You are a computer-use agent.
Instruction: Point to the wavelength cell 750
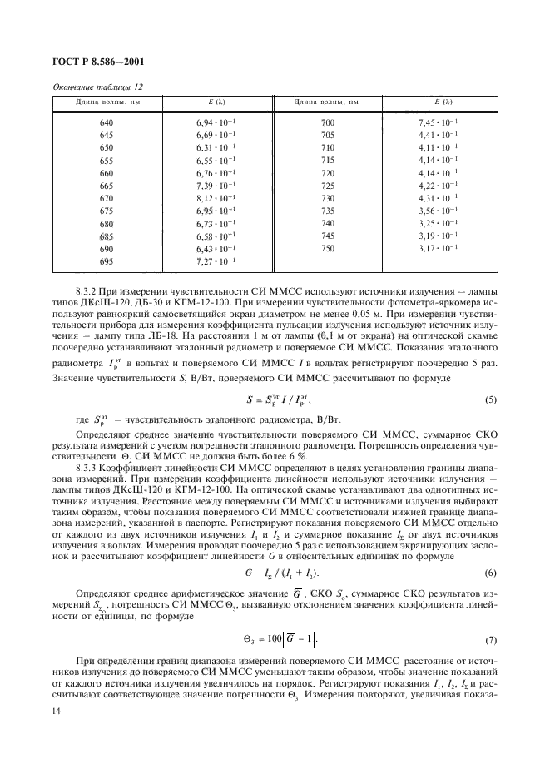click(x=327, y=249)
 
